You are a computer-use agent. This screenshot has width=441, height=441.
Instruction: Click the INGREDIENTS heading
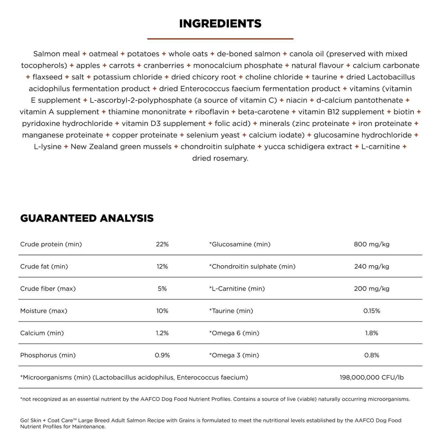[x=220, y=24]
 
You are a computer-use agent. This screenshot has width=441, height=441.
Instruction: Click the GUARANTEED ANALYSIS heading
[x=87, y=218]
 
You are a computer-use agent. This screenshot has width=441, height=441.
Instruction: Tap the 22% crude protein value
[x=162, y=244]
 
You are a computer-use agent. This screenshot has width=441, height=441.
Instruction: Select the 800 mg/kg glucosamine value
[x=372, y=244]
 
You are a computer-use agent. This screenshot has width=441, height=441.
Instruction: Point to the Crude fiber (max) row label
[x=48, y=288]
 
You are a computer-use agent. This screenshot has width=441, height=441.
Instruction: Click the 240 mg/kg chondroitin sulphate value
[x=372, y=266]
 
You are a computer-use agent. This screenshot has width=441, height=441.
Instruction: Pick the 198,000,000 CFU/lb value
[x=372, y=377]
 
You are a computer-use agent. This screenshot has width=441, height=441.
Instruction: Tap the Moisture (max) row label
[x=44, y=311]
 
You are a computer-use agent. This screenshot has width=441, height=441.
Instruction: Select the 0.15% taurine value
[x=372, y=311]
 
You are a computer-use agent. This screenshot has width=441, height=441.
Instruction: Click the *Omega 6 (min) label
[x=234, y=333]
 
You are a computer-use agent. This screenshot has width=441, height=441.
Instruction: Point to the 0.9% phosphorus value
[x=162, y=355]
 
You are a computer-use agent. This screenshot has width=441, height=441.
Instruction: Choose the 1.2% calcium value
[x=162, y=333]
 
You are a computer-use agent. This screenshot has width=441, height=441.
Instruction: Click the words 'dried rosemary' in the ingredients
[x=220, y=158]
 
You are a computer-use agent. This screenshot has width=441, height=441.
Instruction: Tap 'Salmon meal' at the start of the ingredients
[x=56, y=54]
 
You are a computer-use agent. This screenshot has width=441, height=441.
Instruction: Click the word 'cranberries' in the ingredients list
[x=164, y=66]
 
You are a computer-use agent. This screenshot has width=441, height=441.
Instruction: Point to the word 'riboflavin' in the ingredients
[x=212, y=112]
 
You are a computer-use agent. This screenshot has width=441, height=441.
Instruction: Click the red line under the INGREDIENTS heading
[x=220, y=39]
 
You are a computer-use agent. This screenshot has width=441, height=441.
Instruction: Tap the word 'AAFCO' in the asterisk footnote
[x=150, y=399]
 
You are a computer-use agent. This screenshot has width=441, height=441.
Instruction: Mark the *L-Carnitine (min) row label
[x=237, y=288]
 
